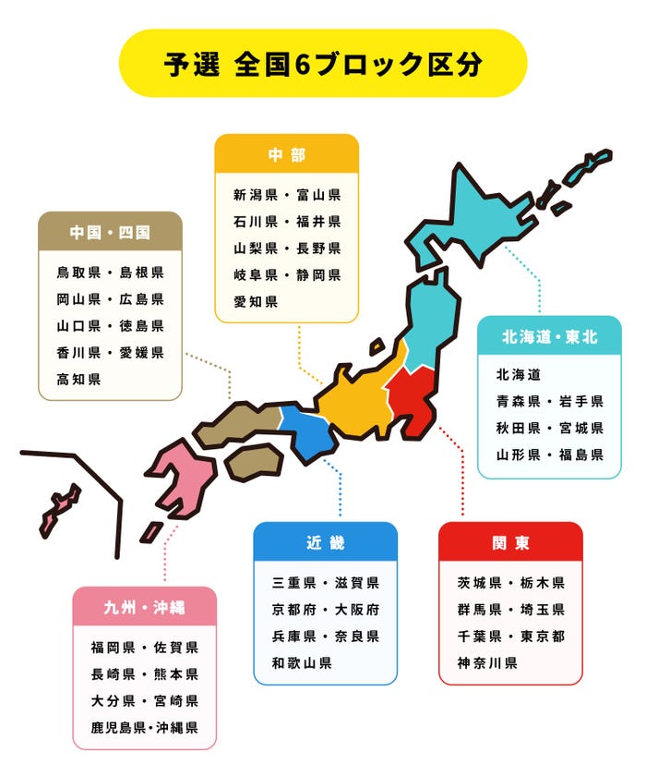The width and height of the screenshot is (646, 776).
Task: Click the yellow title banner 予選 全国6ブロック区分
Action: (x=323, y=63)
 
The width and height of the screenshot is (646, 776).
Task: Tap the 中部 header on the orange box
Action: (x=286, y=155)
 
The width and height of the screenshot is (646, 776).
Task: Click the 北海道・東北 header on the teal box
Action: (x=549, y=337)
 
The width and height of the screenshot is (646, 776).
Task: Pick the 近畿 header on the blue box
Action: (x=325, y=542)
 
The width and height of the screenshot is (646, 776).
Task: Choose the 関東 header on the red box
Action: (x=510, y=542)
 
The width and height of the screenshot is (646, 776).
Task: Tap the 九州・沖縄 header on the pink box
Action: (x=144, y=607)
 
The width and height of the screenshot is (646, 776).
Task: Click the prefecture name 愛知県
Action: (x=256, y=301)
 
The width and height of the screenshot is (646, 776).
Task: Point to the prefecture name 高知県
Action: (x=78, y=379)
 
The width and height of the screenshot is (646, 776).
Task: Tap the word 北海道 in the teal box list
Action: (x=518, y=374)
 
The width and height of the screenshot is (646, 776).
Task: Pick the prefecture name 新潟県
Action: (x=256, y=195)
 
